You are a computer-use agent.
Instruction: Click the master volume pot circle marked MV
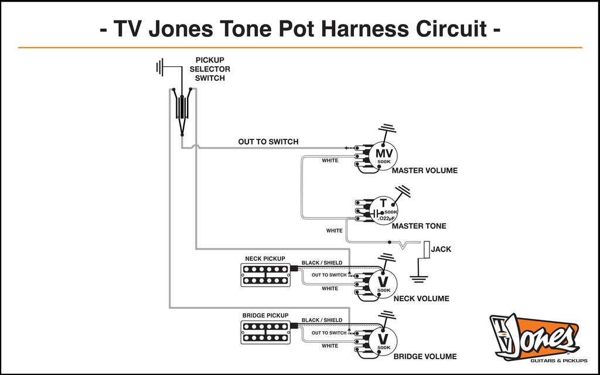(383, 155)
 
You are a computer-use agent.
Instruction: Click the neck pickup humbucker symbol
(265, 275)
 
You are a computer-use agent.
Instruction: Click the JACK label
(441, 250)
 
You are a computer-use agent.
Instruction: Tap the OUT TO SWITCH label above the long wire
(268, 142)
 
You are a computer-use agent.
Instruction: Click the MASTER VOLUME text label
(424, 171)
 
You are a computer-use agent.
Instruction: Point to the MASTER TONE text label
(418, 226)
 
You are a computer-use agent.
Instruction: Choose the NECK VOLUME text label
(421, 299)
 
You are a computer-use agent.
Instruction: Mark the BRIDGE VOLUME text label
(424, 356)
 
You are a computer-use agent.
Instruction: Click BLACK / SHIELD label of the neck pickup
(322, 262)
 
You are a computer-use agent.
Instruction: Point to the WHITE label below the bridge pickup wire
(330, 346)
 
